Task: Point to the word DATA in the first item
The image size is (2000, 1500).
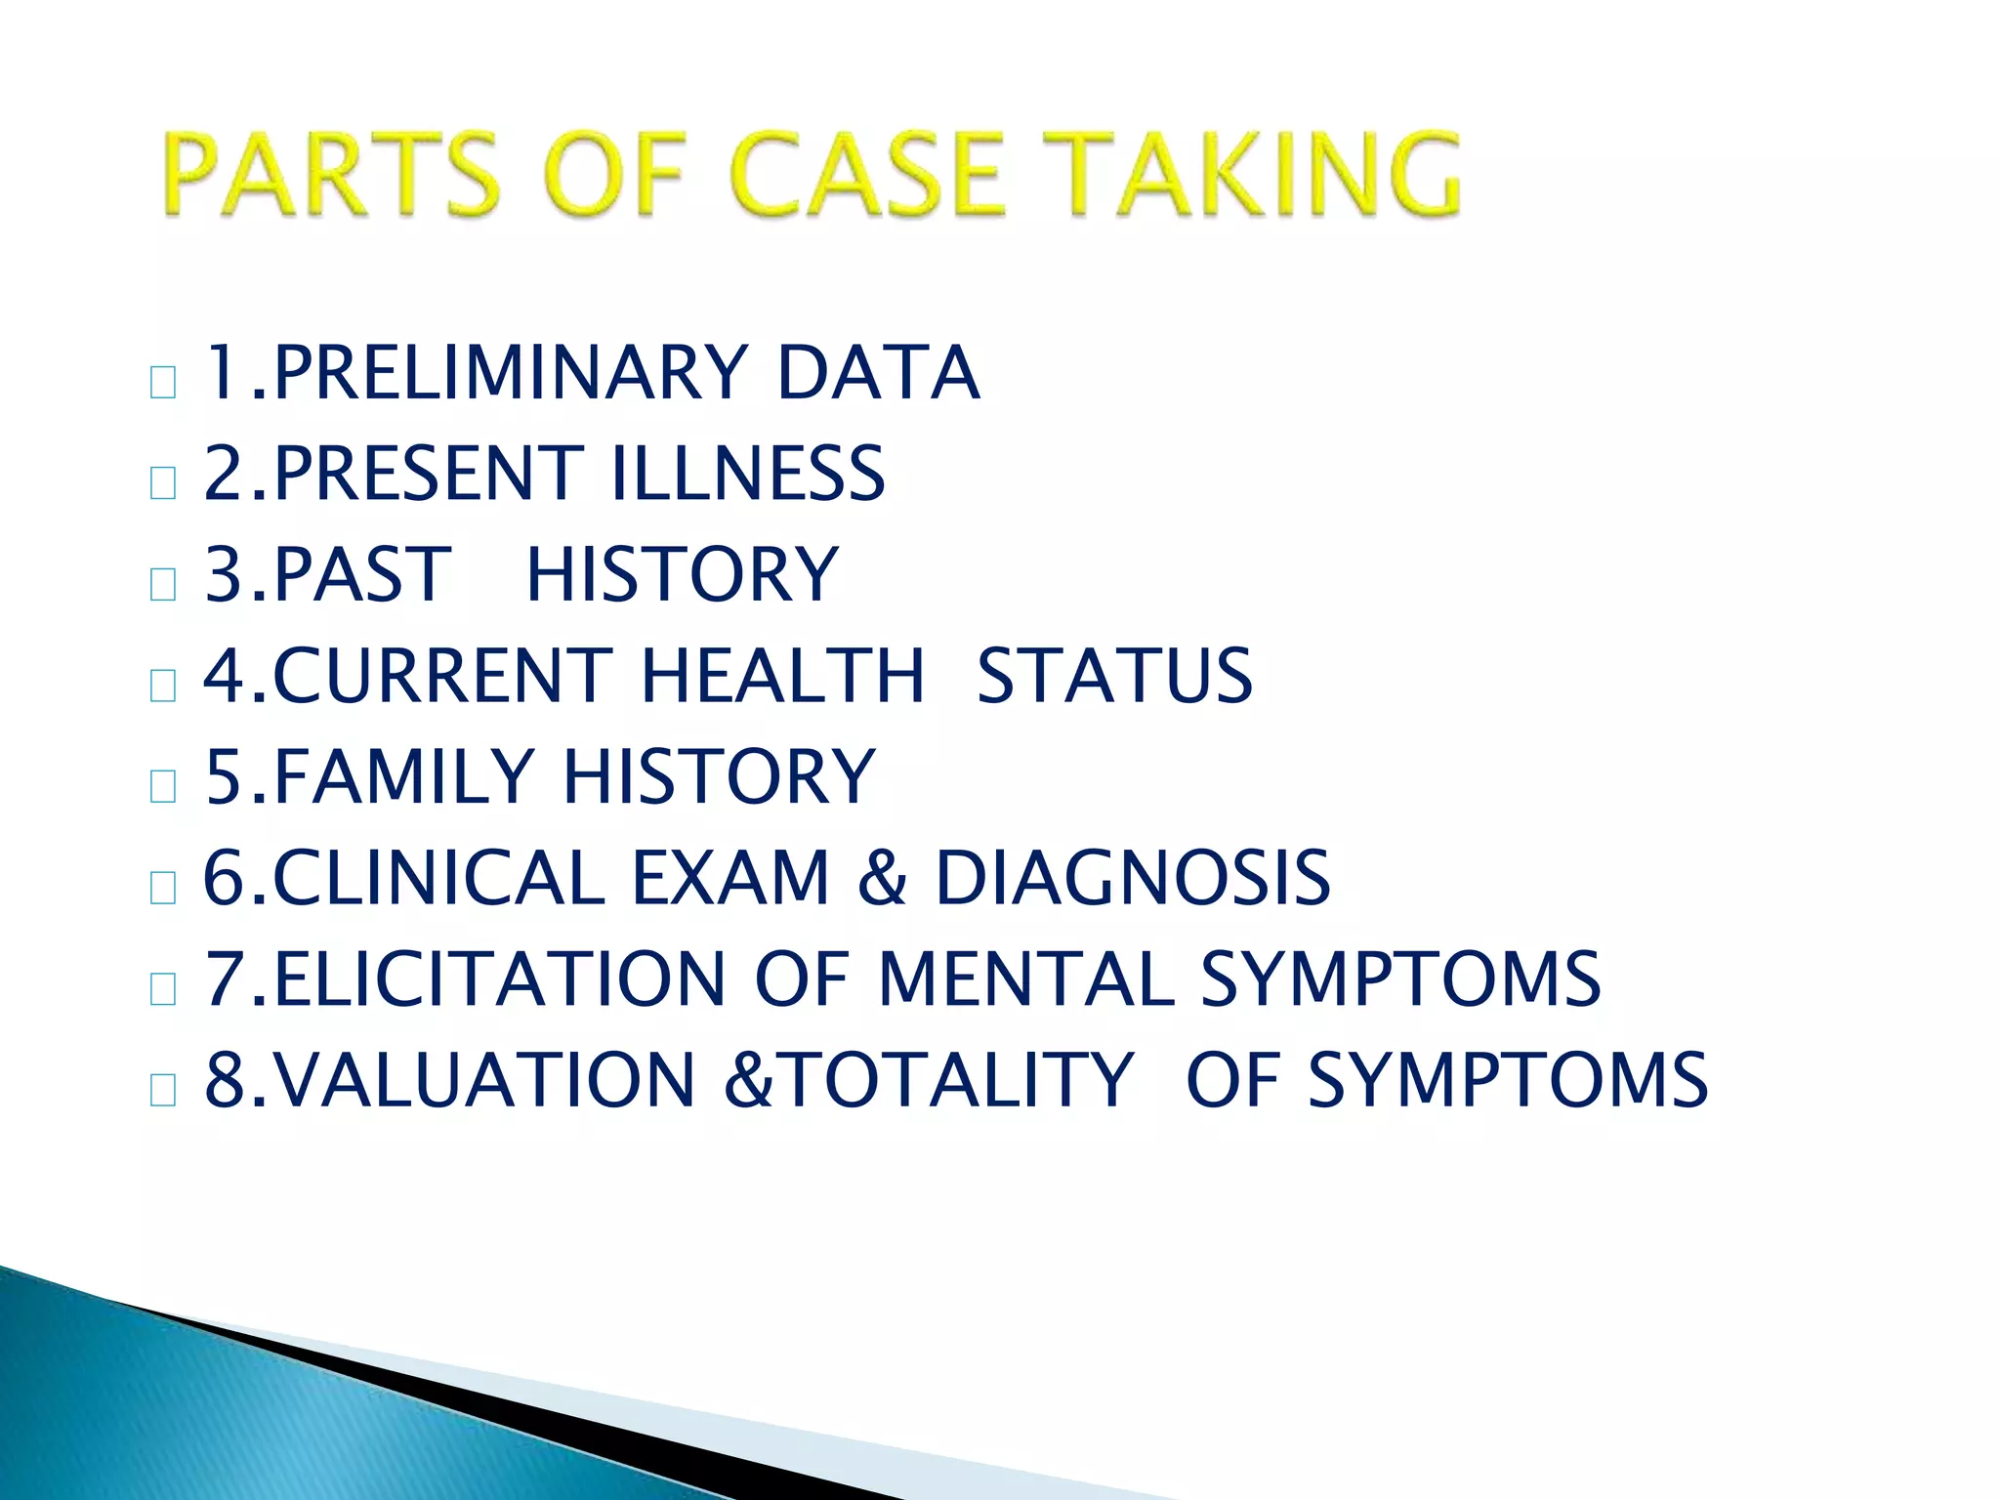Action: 877,373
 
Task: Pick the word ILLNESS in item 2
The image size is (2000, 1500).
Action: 747,474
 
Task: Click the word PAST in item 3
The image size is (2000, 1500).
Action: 362,574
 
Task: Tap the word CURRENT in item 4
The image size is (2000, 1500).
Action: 442,676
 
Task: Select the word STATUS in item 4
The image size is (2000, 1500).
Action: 1114,676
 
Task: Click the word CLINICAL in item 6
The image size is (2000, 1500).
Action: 439,877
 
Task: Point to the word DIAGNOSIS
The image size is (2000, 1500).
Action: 1133,877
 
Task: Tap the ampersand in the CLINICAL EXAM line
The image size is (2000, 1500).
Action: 882,877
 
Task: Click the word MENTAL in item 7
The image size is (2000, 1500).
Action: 1025,979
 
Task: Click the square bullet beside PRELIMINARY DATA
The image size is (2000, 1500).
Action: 163,382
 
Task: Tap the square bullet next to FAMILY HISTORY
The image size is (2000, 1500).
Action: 163,786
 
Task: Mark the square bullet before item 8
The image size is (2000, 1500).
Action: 163,1089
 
